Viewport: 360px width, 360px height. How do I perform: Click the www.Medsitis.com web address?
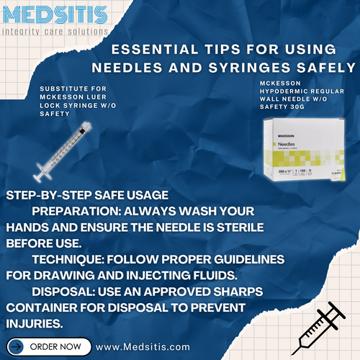[x=143, y=346]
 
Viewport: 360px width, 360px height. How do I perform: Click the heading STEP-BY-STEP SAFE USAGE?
[x=86, y=196]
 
